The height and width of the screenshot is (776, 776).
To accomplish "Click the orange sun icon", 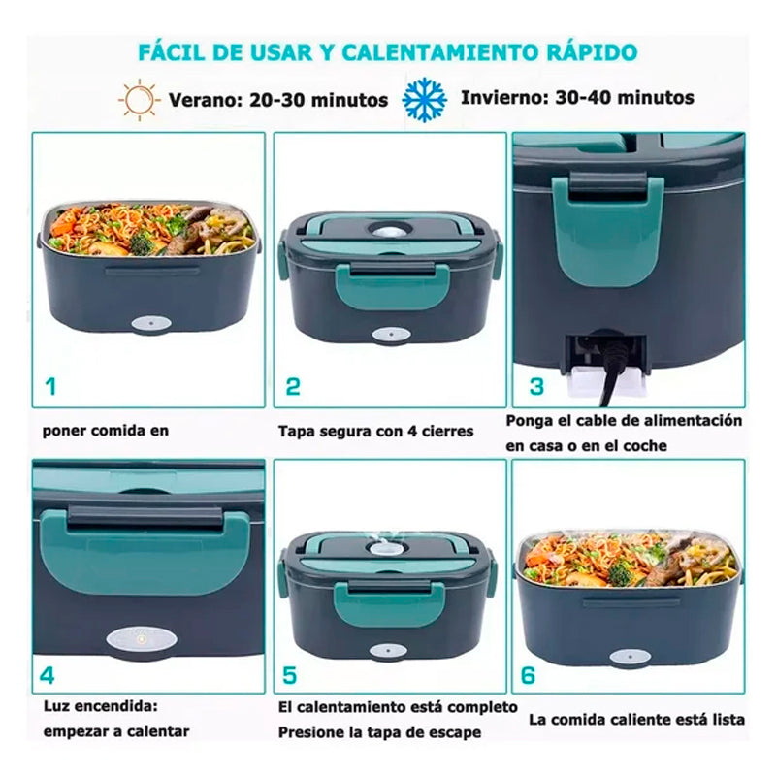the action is (x=139, y=100).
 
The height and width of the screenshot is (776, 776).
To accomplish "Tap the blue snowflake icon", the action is (x=425, y=100).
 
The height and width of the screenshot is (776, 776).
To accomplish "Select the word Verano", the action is (x=205, y=100).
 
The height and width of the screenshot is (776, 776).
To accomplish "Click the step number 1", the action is (x=50, y=386).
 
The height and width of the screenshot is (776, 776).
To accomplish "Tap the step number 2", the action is (x=293, y=386).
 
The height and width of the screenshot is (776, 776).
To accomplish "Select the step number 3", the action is (x=536, y=386).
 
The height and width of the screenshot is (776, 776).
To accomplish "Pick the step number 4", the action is (x=47, y=675).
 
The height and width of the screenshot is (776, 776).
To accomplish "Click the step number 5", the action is (x=289, y=675).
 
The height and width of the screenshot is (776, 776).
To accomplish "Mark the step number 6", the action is (x=528, y=675).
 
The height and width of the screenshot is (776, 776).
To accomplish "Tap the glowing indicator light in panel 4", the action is (x=141, y=640).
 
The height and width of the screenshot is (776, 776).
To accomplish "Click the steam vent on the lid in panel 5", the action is (x=382, y=548).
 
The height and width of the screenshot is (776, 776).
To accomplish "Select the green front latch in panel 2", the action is (x=393, y=286).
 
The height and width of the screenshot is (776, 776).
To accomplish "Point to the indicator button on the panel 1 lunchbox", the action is (x=151, y=324).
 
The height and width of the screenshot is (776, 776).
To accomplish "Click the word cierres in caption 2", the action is (x=447, y=432).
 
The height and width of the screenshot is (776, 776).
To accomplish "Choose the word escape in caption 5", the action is (x=458, y=732).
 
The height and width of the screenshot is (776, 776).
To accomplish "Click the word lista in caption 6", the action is (x=728, y=719).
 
